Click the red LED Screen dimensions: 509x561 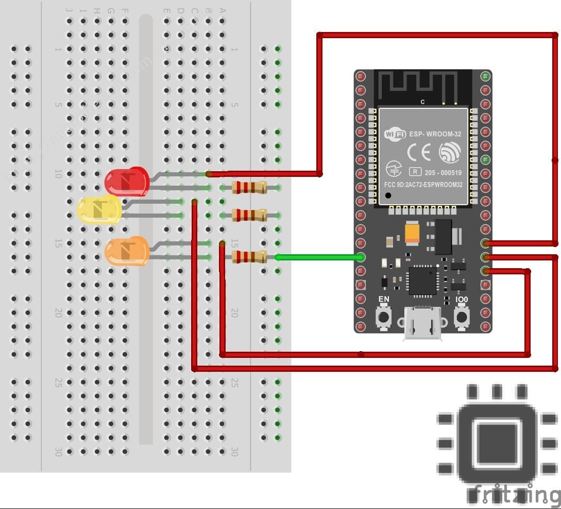[x=127, y=180]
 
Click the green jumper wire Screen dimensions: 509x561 [x=319, y=257]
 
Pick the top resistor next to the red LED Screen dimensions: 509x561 [x=249, y=187]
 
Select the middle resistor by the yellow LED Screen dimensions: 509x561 [x=249, y=215]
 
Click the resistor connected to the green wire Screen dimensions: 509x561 [x=249, y=257]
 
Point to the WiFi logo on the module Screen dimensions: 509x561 [x=396, y=135]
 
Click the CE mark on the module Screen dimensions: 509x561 [x=419, y=153]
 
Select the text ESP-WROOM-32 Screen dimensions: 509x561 [x=435, y=135]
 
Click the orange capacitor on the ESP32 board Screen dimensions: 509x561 [x=412, y=233]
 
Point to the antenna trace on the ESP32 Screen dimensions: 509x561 [x=417, y=85]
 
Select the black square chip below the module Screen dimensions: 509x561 [x=422, y=281]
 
